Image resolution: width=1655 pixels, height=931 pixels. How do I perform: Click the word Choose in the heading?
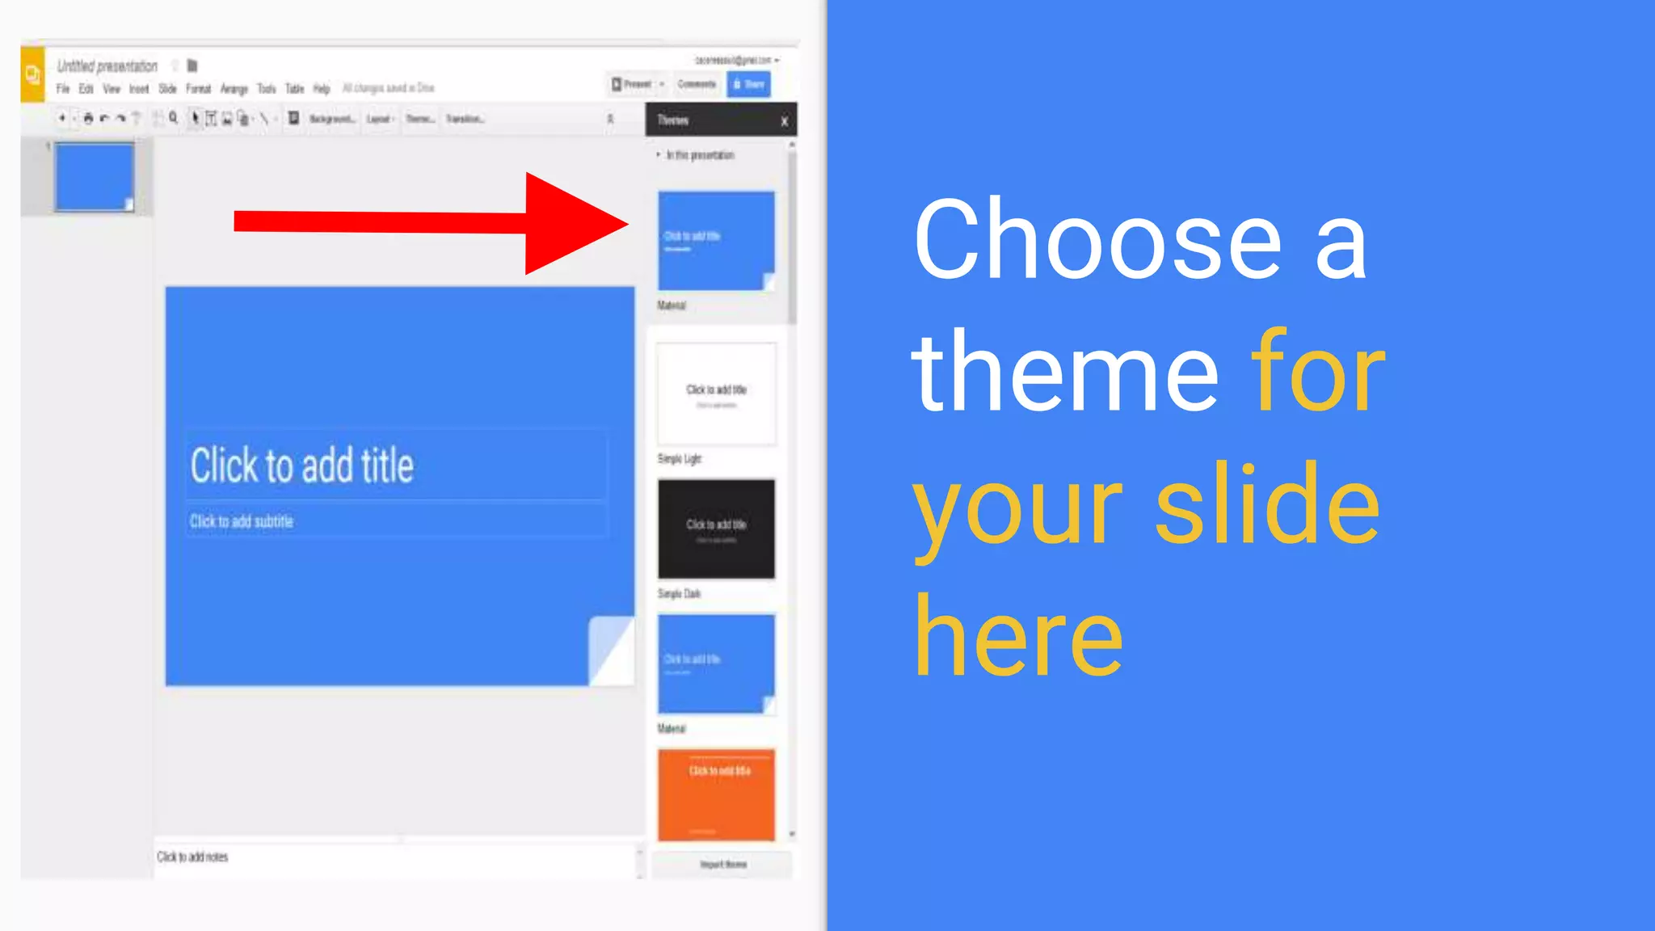[x=1097, y=241]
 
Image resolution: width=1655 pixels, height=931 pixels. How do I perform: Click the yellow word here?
[x=1018, y=636]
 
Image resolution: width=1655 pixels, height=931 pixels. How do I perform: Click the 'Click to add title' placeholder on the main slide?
[x=302, y=465]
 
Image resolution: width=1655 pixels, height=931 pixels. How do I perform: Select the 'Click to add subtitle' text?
[x=242, y=521]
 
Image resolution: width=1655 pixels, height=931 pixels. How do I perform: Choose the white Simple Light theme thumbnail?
[x=716, y=394]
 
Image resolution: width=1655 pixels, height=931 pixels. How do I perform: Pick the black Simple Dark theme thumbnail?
[x=716, y=529]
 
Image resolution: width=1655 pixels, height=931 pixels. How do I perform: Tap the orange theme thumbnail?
[x=716, y=794]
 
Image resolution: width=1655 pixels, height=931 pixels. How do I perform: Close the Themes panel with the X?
[x=784, y=121]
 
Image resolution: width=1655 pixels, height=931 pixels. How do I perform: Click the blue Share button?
[x=748, y=84]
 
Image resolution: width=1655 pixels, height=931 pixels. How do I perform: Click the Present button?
[x=632, y=84]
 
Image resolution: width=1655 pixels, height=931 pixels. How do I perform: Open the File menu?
[x=63, y=89]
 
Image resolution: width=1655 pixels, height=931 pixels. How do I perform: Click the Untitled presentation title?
[x=107, y=66]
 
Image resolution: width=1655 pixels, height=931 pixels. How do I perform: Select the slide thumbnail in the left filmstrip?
[x=95, y=177]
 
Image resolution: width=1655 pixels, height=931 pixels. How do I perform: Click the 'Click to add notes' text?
[x=192, y=857]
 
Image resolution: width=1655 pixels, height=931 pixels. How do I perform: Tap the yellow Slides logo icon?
[x=32, y=75]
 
